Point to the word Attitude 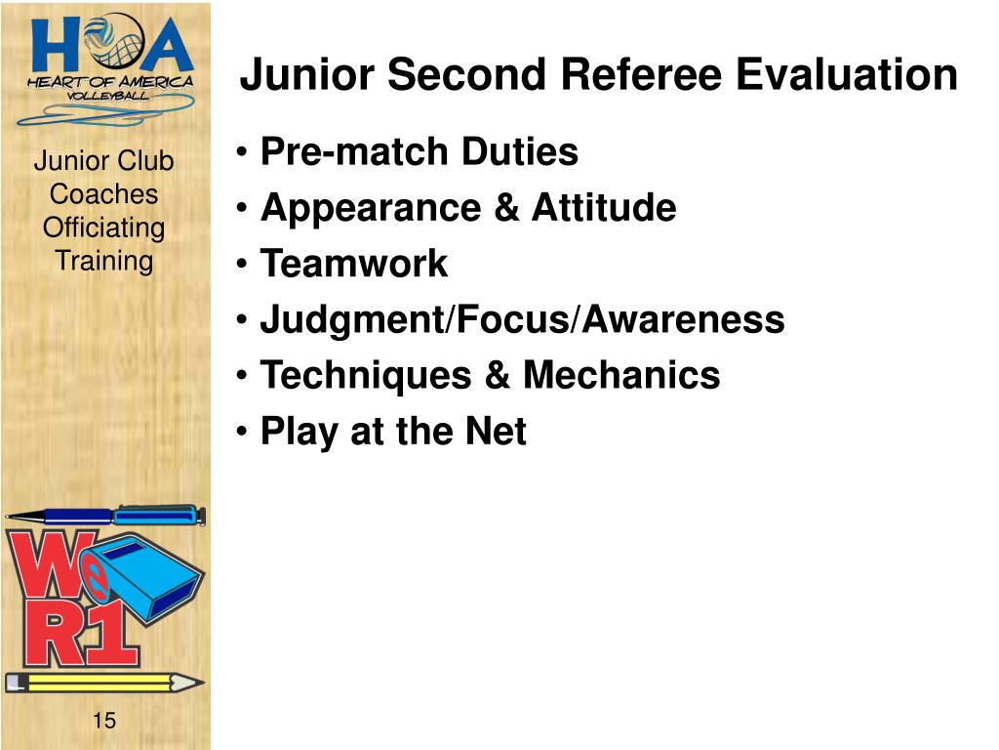click(x=604, y=208)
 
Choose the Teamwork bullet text click(x=353, y=264)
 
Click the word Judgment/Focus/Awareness click(x=522, y=319)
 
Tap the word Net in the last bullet click(x=499, y=431)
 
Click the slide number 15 click(x=103, y=721)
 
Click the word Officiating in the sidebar click(x=103, y=228)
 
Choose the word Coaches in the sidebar click(x=103, y=194)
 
